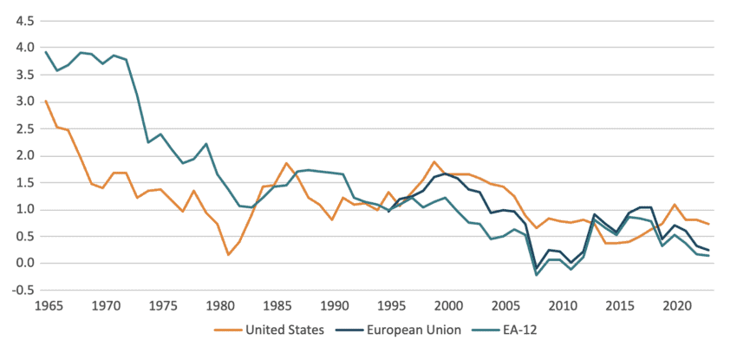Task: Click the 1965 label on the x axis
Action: click(x=49, y=305)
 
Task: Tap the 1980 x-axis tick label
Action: click(x=219, y=305)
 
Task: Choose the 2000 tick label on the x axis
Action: click(x=448, y=305)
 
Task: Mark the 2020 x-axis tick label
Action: click(x=676, y=305)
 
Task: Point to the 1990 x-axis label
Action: click(x=334, y=305)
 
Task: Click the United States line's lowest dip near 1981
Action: click(x=228, y=254)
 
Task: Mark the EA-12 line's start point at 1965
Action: click(x=46, y=52)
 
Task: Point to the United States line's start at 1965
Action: click(x=46, y=101)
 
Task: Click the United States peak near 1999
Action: click(x=434, y=162)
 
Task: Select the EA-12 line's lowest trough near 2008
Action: click(x=537, y=275)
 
